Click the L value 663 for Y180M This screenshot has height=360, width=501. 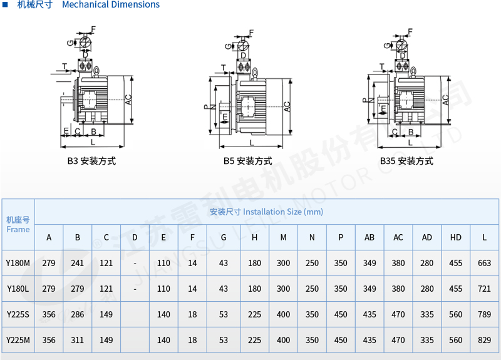pos(484,263)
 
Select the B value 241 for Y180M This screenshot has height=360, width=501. pos(77,263)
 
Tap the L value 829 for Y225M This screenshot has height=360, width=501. pos(484,340)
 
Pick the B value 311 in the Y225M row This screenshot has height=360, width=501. pos(77,340)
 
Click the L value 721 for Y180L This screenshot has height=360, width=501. pos(484,289)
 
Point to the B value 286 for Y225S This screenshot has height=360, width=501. pos(77,314)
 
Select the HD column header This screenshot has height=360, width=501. pos(456,237)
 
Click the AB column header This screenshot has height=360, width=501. pos(369,237)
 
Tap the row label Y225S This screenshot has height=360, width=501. pos(18,314)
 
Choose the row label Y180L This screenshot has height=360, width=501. pos(18,289)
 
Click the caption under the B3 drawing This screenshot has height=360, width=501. pos(91,161)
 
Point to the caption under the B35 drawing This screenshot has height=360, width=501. pos(406,161)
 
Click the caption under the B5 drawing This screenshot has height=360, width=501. pos(247,161)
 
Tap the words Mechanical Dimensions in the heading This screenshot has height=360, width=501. pos(111,4)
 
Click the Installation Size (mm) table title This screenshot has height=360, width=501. pos(267,212)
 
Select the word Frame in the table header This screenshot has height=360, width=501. pos(18,229)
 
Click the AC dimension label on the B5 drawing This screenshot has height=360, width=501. pos(287,106)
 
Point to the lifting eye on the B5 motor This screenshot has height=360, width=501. pos(255,73)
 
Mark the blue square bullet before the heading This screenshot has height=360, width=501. pos(5,4)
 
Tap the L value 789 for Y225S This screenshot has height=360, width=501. pos(484,314)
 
